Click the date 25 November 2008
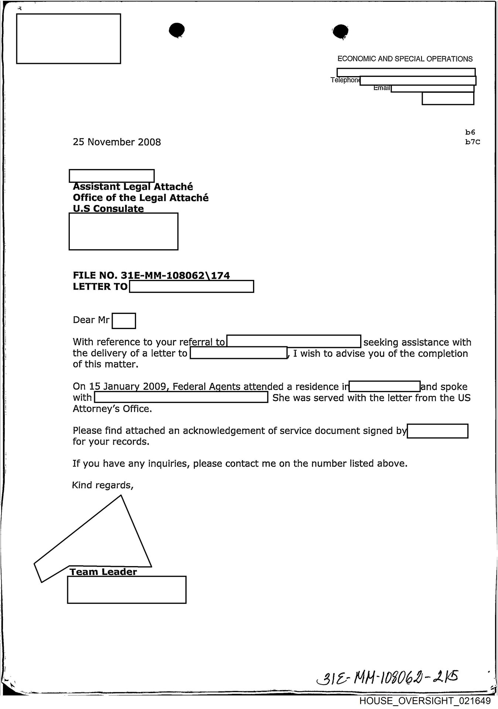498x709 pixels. pyautogui.click(x=117, y=142)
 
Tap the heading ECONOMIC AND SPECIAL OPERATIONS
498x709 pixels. pyautogui.click(x=405, y=59)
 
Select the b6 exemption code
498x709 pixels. pyautogui.click(x=470, y=132)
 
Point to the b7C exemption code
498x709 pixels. pyautogui.click(x=473, y=142)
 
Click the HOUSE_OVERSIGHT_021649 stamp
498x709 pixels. pyautogui.click(x=425, y=701)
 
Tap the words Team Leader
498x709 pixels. pyautogui.click(x=103, y=572)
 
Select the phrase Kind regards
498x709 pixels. pyautogui.click(x=102, y=485)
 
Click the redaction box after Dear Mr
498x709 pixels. pyautogui.click(x=124, y=321)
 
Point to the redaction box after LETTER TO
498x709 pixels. pyautogui.click(x=191, y=287)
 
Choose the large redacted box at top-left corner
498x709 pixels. pyautogui.click(x=69, y=39)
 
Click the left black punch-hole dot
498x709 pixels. pyautogui.click(x=177, y=30)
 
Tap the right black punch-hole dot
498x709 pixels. pyautogui.click(x=340, y=31)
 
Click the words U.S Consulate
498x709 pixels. pyautogui.click(x=108, y=209)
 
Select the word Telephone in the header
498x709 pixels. pyautogui.click(x=345, y=80)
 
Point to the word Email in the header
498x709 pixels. pyautogui.click(x=382, y=88)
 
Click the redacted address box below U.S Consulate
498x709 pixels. pyautogui.click(x=123, y=232)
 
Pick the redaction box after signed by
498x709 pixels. pyautogui.click(x=437, y=431)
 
